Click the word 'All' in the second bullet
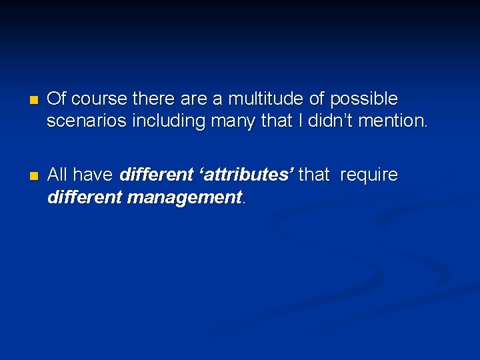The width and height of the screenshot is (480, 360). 58,175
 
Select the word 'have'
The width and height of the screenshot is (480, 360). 93,175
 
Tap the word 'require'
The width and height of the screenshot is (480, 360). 368,176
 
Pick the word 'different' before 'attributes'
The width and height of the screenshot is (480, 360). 154,175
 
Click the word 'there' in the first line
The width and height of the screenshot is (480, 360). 155,99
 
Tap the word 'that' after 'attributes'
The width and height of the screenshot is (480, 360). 315,175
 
